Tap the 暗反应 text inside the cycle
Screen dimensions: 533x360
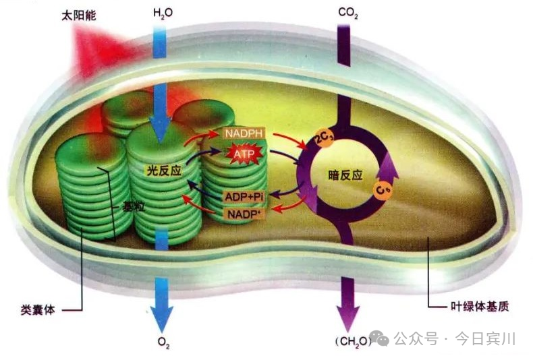click(x=345, y=175)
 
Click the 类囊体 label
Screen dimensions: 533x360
click(x=38, y=311)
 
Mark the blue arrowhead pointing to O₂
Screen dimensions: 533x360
click(x=161, y=316)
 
